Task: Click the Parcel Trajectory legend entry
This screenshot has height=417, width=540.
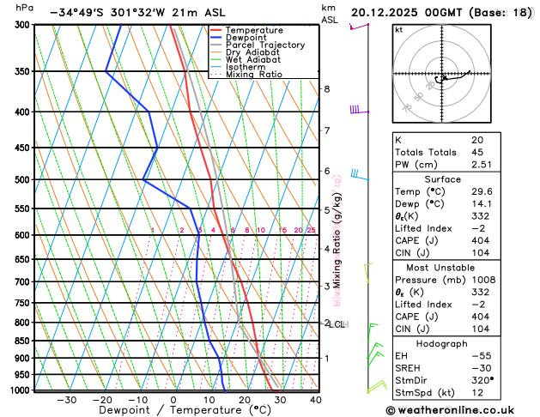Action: [268, 45]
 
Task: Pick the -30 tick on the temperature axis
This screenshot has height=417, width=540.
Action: [66, 399]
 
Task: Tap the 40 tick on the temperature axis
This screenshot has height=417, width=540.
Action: [316, 399]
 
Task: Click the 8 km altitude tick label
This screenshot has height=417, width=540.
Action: [326, 89]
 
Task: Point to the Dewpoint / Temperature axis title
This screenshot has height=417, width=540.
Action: [173, 410]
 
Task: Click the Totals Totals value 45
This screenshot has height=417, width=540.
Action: [477, 152]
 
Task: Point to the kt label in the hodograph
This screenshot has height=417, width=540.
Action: [399, 29]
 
